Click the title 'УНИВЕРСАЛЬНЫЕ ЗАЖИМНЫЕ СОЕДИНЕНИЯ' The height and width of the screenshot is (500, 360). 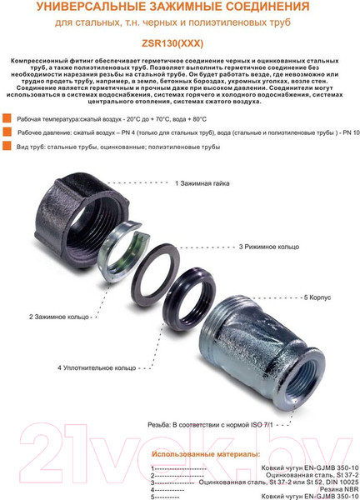(180, 7)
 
